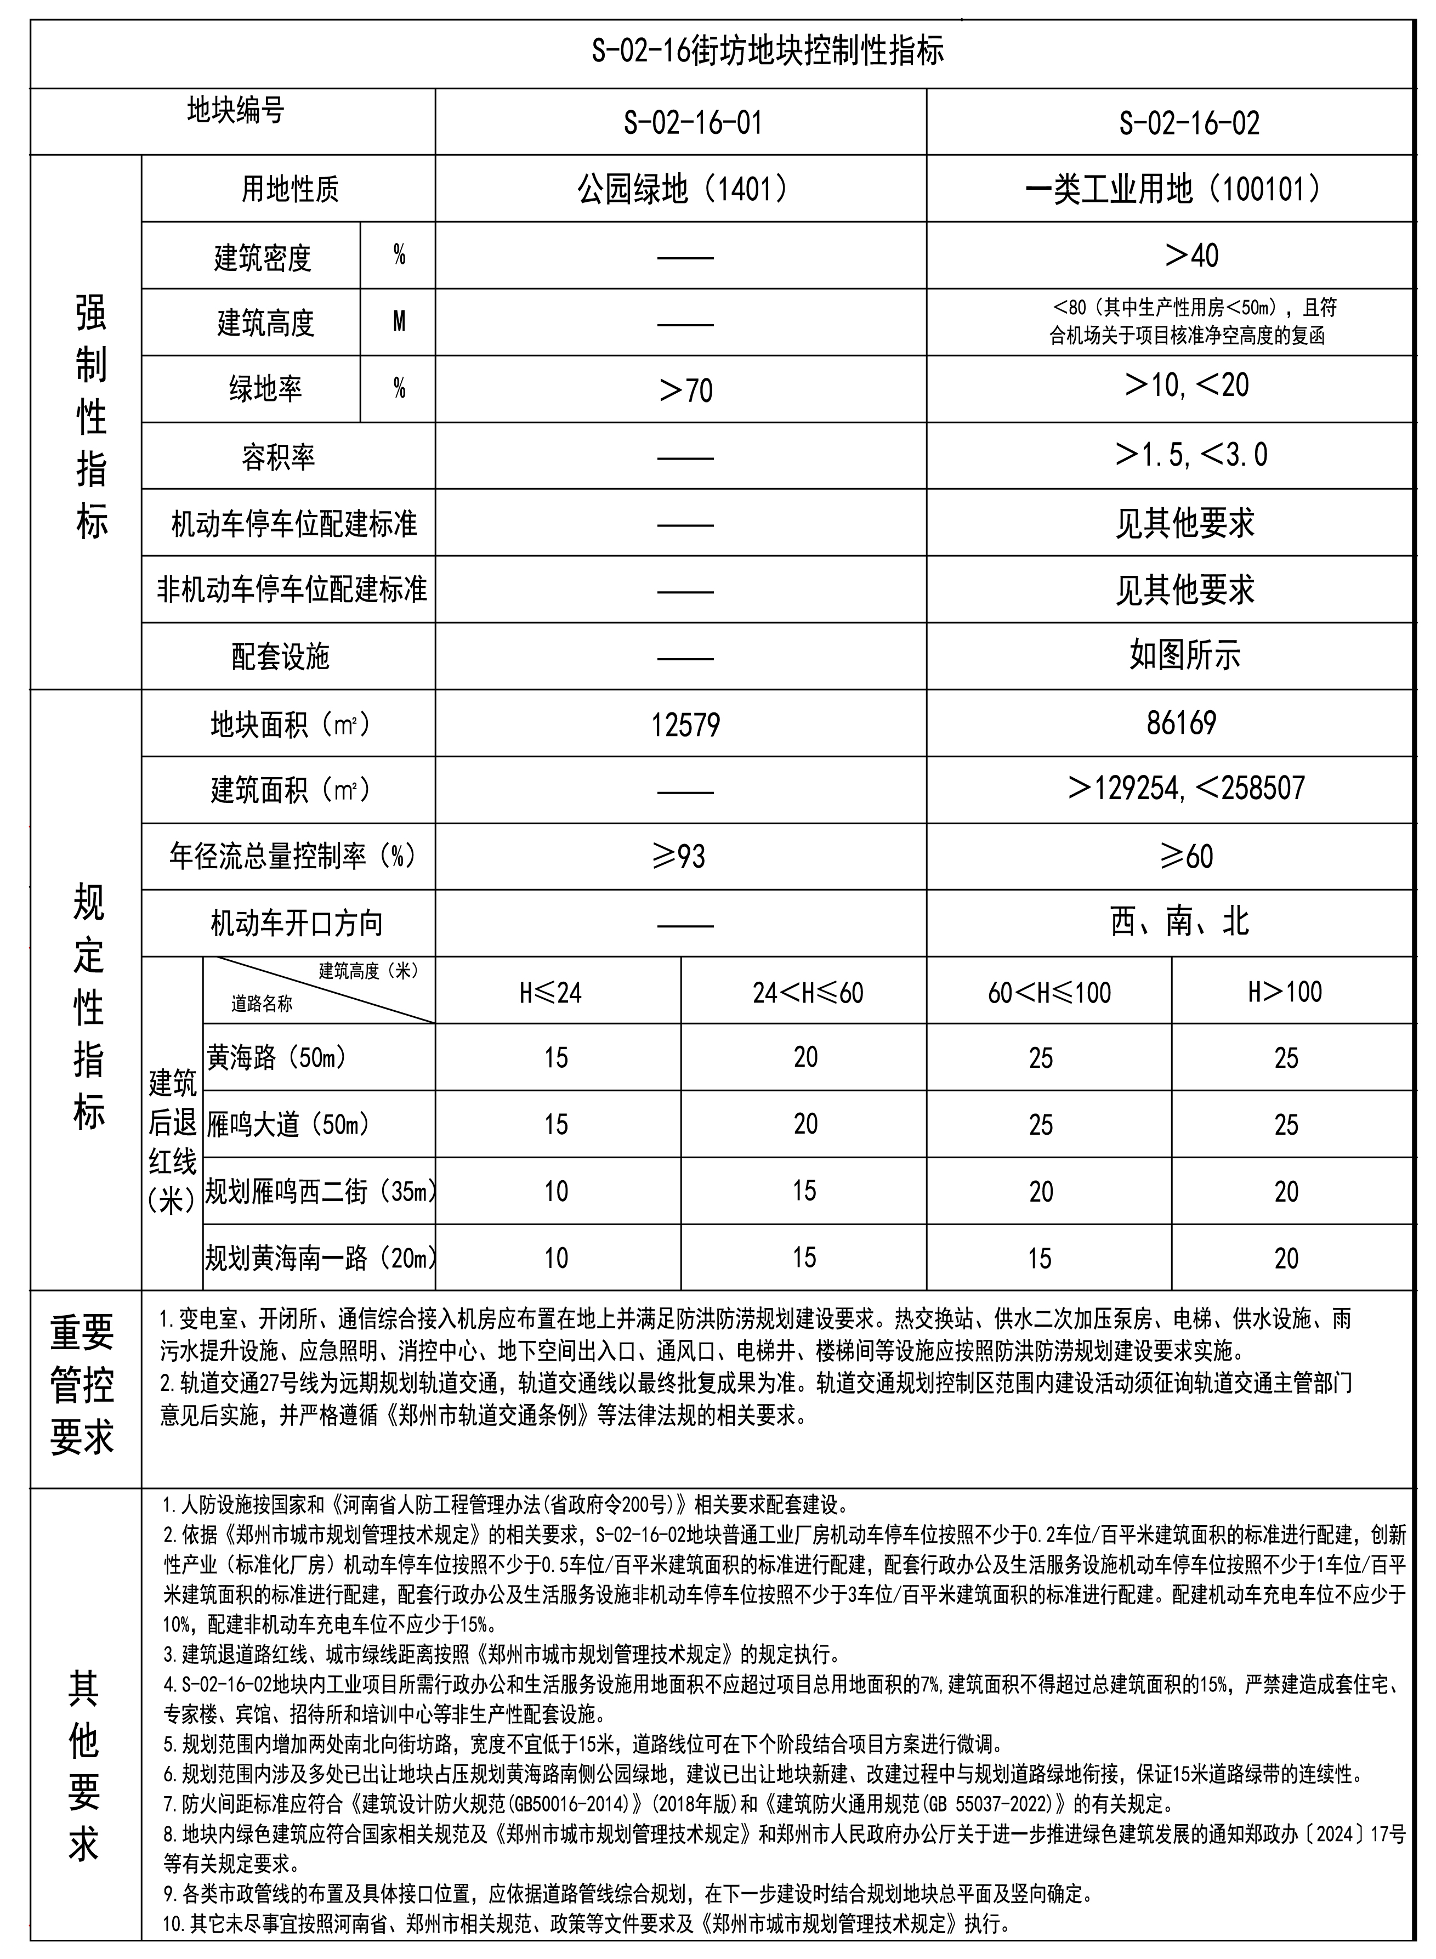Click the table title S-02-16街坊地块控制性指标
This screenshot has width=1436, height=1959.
click(768, 52)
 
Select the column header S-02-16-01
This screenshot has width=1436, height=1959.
click(693, 123)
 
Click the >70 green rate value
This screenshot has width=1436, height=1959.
click(686, 390)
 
